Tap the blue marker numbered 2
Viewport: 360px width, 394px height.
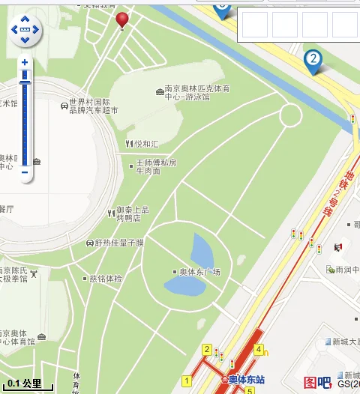click(313, 60)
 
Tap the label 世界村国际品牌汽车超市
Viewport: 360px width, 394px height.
click(89, 106)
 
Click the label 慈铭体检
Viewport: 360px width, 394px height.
click(104, 278)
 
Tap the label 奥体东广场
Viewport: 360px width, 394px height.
click(196, 272)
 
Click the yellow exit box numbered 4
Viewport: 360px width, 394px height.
click(259, 349)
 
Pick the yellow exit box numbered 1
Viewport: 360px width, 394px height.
click(186, 381)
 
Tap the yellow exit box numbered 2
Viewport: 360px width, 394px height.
click(206, 349)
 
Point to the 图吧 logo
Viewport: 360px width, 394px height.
click(316, 382)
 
